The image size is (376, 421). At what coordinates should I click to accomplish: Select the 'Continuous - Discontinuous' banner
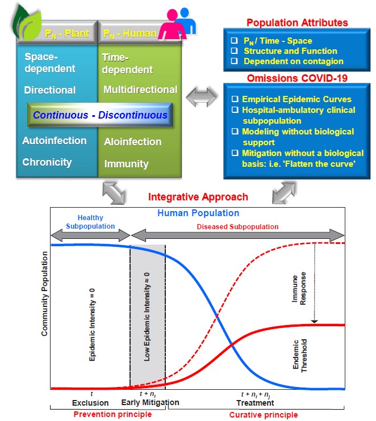click(x=100, y=115)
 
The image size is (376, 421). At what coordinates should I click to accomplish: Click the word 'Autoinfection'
click(x=55, y=141)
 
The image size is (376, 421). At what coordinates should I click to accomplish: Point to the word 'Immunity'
click(x=126, y=164)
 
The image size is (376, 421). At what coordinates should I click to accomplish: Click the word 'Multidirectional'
click(x=140, y=90)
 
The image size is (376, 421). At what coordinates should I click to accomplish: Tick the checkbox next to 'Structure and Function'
click(x=233, y=51)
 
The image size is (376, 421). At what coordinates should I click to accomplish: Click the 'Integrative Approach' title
click(x=198, y=197)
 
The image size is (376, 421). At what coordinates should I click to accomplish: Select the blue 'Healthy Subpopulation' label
click(x=90, y=221)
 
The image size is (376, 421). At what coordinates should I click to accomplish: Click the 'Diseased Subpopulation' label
click(x=237, y=227)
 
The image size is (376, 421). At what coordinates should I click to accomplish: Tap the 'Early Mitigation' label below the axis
click(x=150, y=403)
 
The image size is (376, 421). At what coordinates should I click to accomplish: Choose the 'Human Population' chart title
click(x=198, y=213)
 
